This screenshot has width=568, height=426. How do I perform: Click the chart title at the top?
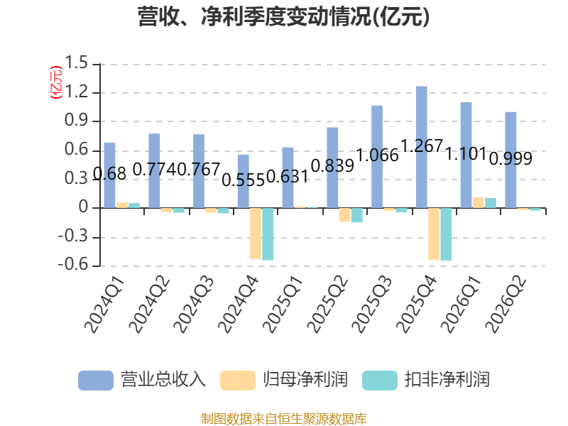(283, 16)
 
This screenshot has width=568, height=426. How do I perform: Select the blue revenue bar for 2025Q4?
(422, 147)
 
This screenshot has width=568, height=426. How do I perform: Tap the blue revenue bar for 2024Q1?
(110, 175)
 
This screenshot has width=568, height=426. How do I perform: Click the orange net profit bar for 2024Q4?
(256, 234)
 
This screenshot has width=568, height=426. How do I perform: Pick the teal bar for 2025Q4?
(446, 234)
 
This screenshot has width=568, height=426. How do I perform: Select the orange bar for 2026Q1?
(479, 202)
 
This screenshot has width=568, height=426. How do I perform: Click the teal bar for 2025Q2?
(357, 215)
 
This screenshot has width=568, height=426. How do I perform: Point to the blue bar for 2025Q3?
(377, 157)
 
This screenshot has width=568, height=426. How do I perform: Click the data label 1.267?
(422, 146)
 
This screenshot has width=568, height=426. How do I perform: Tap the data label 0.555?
(244, 180)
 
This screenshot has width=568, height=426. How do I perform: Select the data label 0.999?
(510, 158)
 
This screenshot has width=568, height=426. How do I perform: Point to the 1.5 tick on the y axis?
(77, 63)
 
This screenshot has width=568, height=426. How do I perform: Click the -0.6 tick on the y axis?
(73, 265)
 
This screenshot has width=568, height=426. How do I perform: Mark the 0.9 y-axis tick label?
(77, 120)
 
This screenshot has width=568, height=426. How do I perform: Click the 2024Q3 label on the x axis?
(194, 305)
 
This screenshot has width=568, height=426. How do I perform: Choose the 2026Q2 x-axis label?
(506, 305)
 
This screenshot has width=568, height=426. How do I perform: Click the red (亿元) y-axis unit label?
(56, 82)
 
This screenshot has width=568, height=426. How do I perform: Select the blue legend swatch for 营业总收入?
(96, 381)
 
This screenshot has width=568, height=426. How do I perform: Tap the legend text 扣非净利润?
(447, 380)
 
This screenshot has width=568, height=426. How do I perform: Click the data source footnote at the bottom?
(284, 419)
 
